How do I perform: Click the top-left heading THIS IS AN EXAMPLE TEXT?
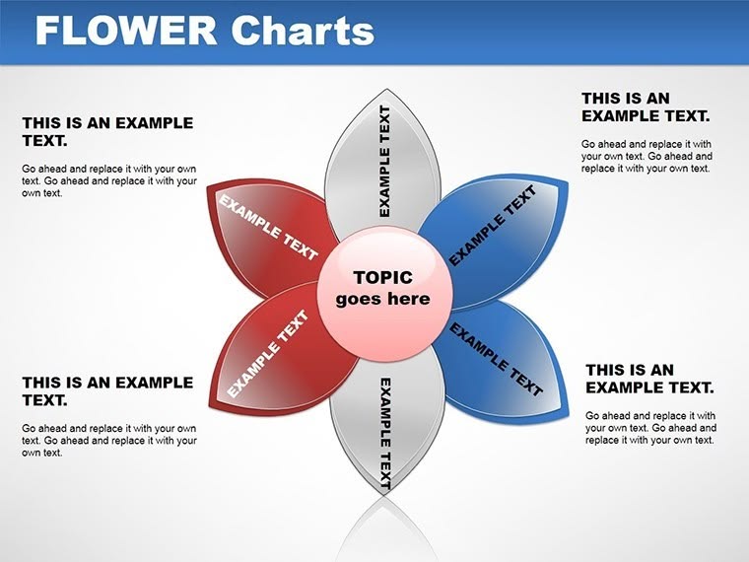[x=107, y=132]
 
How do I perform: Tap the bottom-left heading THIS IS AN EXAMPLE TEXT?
[x=107, y=390]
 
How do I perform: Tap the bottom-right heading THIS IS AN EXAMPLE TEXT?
[x=649, y=379]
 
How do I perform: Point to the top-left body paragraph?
[x=108, y=181]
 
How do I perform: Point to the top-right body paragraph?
[x=647, y=156]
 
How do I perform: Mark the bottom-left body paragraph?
[x=108, y=441]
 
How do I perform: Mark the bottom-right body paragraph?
[x=650, y=428]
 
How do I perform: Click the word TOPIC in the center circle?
[x=383, y=277]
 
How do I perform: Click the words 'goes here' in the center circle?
[x=383, y=299]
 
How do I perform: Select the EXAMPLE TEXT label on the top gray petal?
[x=385, y=161]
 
